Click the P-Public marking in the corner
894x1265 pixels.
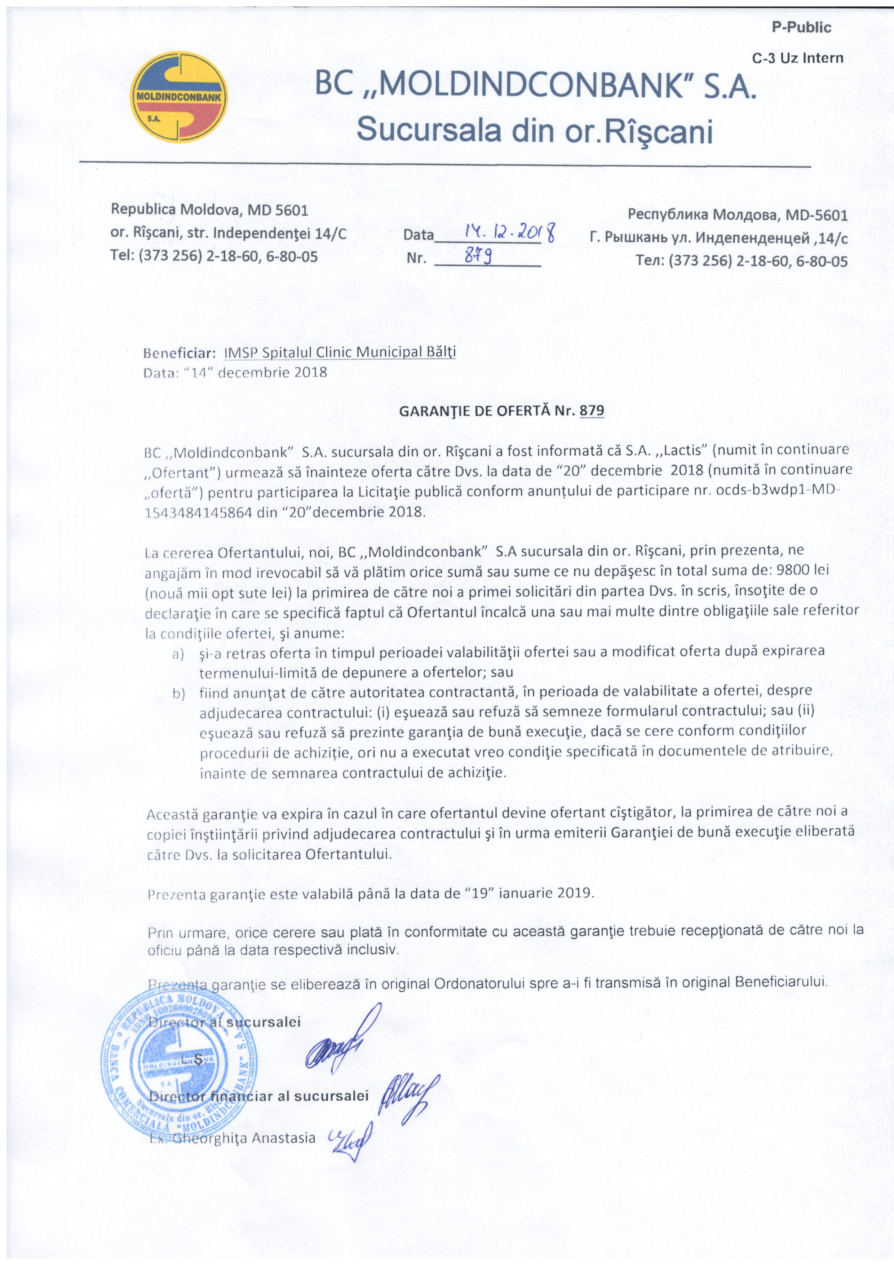(801, 27)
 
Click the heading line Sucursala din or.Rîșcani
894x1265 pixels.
(534, 131)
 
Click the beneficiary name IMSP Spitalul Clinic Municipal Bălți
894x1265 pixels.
(340, 353)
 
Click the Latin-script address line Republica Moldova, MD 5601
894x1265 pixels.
(209, 210)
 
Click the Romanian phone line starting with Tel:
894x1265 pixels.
(214, 256)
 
